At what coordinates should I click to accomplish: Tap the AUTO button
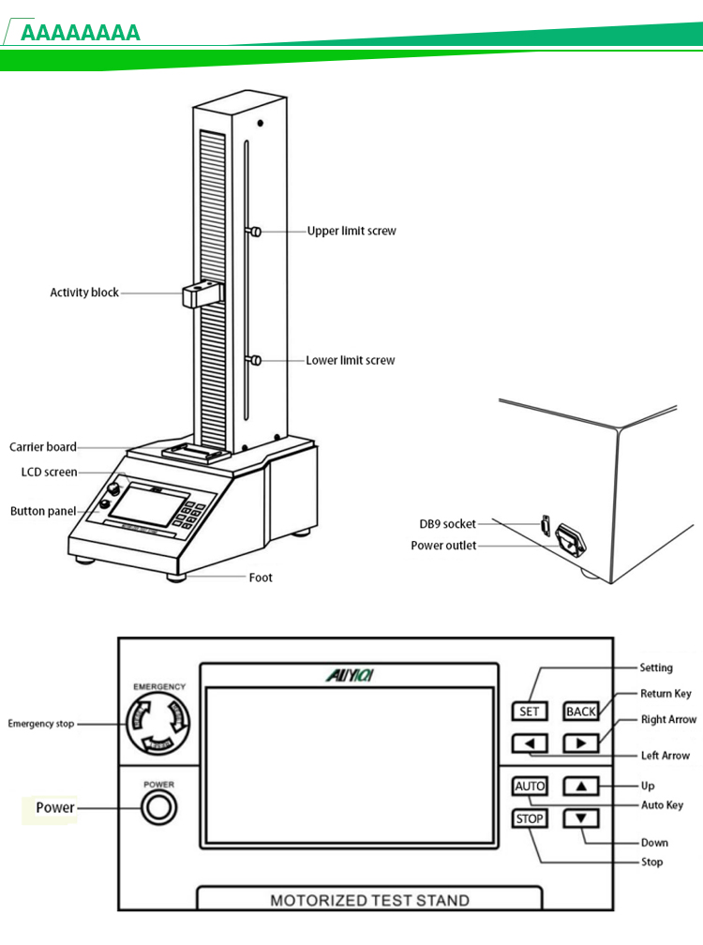pos(530,786)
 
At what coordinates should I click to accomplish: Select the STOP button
pos(530,819)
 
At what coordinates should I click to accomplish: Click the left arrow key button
pos(530,744)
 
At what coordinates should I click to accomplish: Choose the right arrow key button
pos(581,744)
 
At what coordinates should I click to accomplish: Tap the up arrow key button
pos(581,786)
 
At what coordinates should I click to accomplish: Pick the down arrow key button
pos(581,819)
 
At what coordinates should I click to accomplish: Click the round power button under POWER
pos(158,807)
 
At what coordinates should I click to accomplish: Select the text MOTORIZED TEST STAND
pos(369,901)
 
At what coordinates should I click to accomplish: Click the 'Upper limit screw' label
pos(351,231)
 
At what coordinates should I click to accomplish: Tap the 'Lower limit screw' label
pos(351,360)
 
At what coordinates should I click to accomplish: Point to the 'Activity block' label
pos(84,292)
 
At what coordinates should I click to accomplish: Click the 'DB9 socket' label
pos(447,524)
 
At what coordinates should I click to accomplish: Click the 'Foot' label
pos(261,577)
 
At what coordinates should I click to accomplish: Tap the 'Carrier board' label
pos(43,447)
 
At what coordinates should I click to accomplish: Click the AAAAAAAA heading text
pos(81,34)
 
